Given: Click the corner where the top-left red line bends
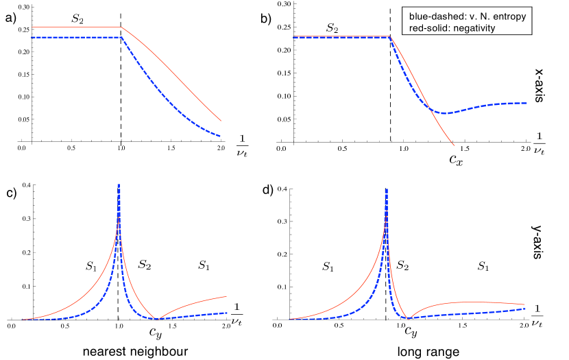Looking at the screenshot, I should (121, 27).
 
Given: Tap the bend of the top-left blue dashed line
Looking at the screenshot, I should (121, 37).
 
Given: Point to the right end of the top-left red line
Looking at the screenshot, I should (221, 121).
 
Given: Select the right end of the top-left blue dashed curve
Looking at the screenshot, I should (220, 136).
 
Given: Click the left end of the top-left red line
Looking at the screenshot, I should (31, 27).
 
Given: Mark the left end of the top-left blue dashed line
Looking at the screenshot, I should (31, 37).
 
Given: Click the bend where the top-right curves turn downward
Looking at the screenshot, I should (389, 36).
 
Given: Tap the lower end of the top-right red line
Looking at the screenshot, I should (454, 145).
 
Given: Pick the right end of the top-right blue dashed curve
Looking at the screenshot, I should (526, 103).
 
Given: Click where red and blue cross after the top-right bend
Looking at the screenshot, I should (429, 106).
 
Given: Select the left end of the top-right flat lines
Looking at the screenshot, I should (293, 36).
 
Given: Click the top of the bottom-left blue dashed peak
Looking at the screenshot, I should (119, 184).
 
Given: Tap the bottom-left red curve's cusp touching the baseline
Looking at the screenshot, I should (156, 319).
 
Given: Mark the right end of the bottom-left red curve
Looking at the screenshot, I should (227, 297).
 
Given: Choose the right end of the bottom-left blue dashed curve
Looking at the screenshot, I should (227, 313).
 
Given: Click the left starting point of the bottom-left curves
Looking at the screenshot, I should (22, 320).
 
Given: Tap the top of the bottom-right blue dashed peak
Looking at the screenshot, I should (387, 189).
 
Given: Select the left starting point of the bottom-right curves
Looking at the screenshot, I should (290, 320).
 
